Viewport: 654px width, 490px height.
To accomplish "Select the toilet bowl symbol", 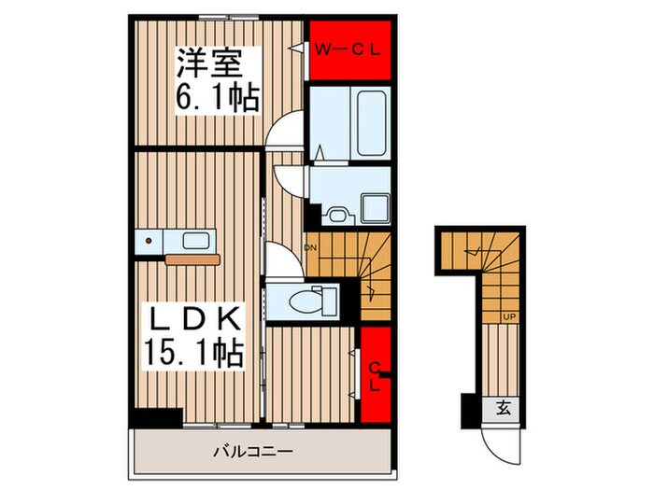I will pyautogui.click(x=306, y=301).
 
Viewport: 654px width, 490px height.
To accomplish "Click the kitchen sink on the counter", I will pyautogui.click(x=197, y=241).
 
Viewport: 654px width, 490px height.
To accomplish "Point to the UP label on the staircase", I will pyautogui.click(x=509, y=317).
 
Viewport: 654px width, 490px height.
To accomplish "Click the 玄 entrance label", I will pyautogui.click(x=503, y=408).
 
